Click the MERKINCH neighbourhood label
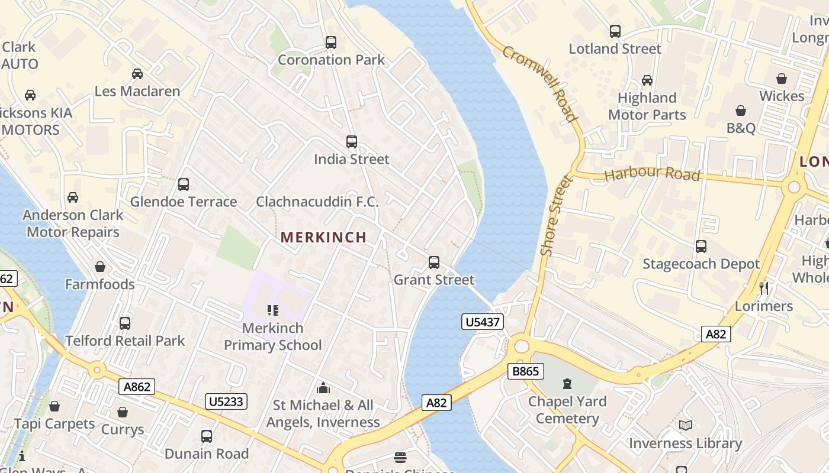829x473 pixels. [x=323, y=237]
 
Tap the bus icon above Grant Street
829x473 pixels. [x=434, y=263]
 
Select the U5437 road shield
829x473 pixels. [x=483, y=322]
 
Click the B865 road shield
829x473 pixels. [x=526, y=371]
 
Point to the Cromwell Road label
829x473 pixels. [x=540, y=83]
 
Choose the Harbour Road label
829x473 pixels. [x=652, y=174]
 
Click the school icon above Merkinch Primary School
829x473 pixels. [x=272, y=310]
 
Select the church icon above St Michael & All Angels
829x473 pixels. [x=323, y=388]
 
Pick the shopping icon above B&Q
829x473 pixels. [x=741, y=111]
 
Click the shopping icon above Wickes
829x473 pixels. [x=782, y=79]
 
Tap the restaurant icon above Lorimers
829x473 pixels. [x=764, y=289]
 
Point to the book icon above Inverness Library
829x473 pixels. [x=685, y=426]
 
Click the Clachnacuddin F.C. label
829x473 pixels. [x=317, y=202]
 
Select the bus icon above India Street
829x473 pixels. [x=352, y=142]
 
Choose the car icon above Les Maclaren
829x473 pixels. [x=137, y=74]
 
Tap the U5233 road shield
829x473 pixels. [x=226, y=401]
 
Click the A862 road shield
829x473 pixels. [x=137, y=387]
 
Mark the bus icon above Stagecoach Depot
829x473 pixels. [x=701, y=247]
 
